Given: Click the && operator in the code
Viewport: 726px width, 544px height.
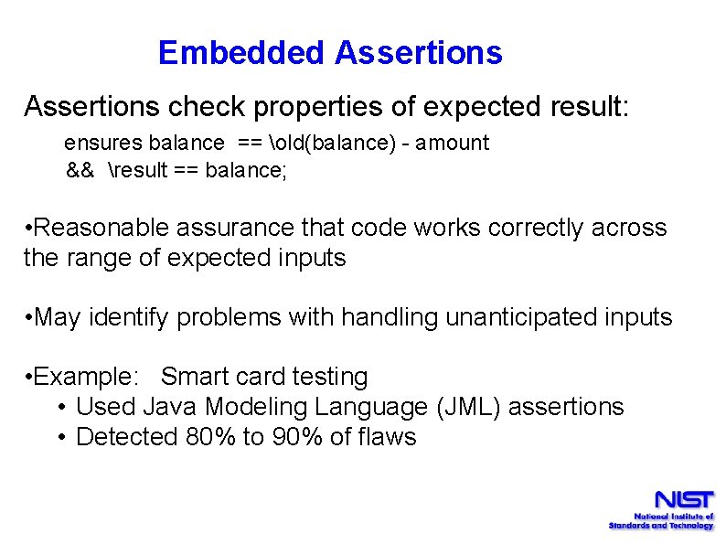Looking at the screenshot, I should point(80,170).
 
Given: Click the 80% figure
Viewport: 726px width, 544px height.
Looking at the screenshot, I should point(210,437).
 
